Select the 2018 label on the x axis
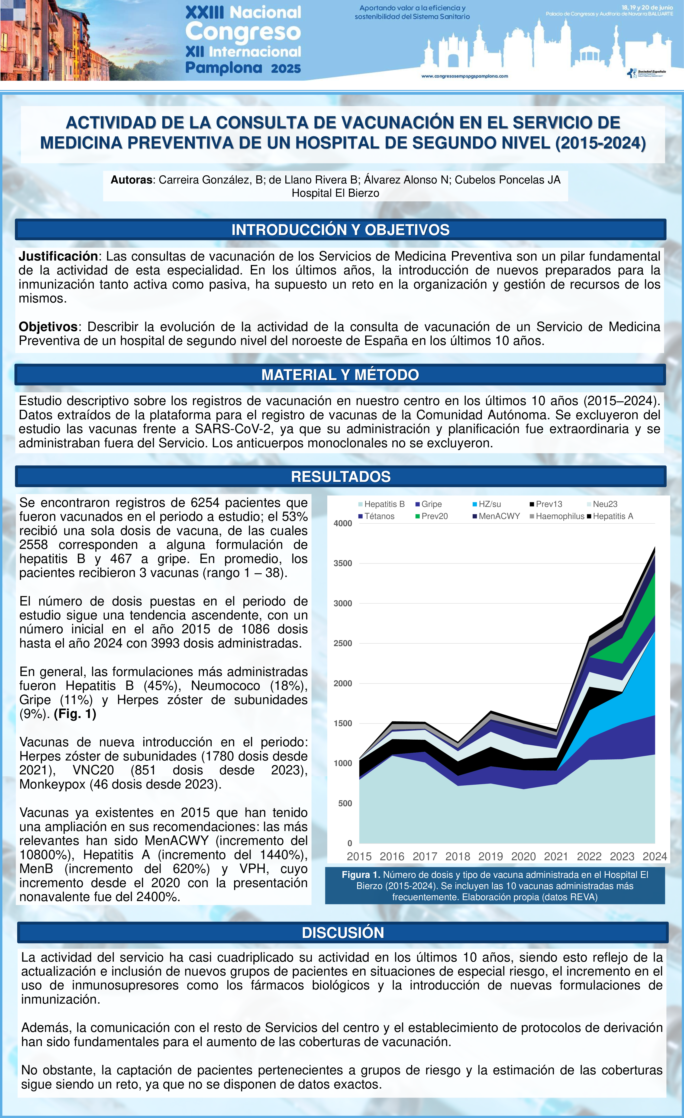coord(458,857)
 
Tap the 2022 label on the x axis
coord(589,857)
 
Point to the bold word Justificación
coord(58,256)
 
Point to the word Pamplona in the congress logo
coord(223,68)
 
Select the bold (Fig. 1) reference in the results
coord(75,714)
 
